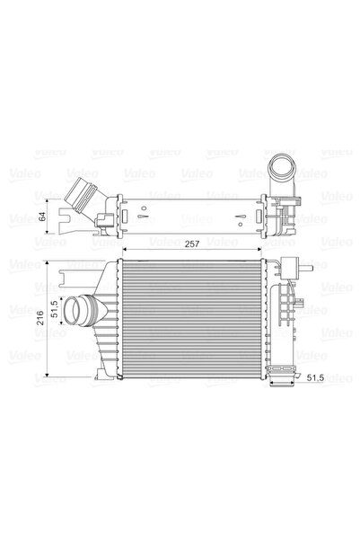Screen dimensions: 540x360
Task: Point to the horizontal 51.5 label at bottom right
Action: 315,379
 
